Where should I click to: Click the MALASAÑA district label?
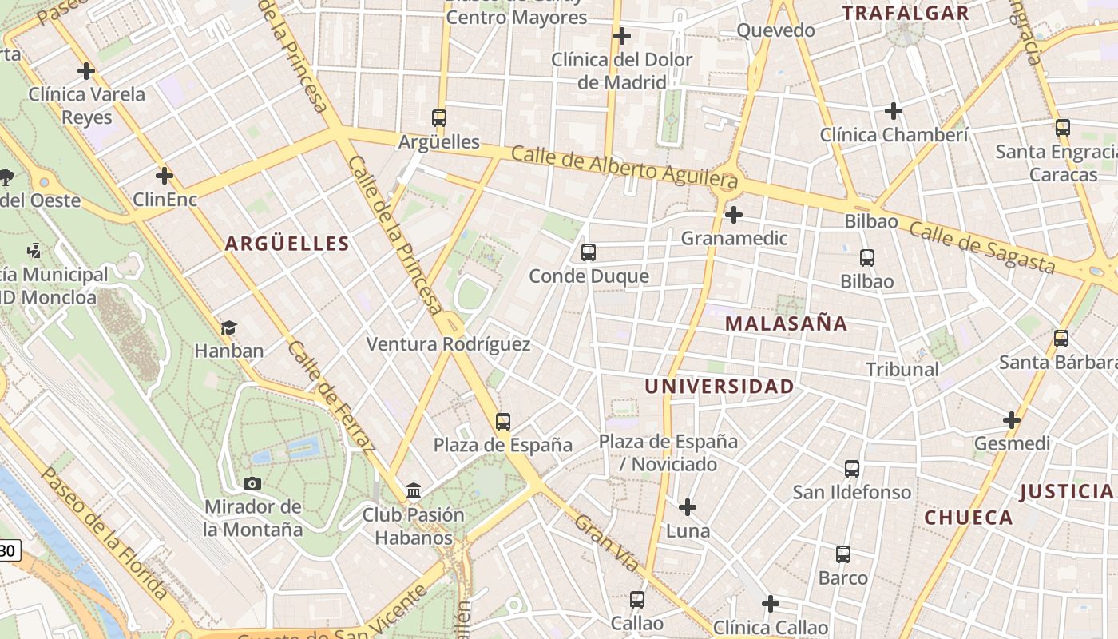click(787, 323)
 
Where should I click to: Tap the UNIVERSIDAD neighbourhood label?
click(719, 387)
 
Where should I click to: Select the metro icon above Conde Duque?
click(589, 252)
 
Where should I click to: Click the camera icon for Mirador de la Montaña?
click(252, 483)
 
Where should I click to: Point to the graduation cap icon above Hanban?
click(229, 327)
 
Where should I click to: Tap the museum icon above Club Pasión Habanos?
click(414, 490)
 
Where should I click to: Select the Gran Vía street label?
click(607, 543)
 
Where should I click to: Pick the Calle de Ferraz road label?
click(331, 396)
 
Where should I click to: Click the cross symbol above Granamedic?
click(734, 214)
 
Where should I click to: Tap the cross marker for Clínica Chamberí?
click(894, 111)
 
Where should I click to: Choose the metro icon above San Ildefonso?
click(852, 469)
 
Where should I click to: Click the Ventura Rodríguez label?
click(448, 344)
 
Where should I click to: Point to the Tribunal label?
click(902, 370)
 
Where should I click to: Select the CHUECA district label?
click(969, 518)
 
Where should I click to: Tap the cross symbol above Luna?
click(688, 507)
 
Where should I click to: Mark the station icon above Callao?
click(637, 599)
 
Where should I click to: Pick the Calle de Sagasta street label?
click(982, 248)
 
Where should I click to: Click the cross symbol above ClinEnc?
click(165, 176)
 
